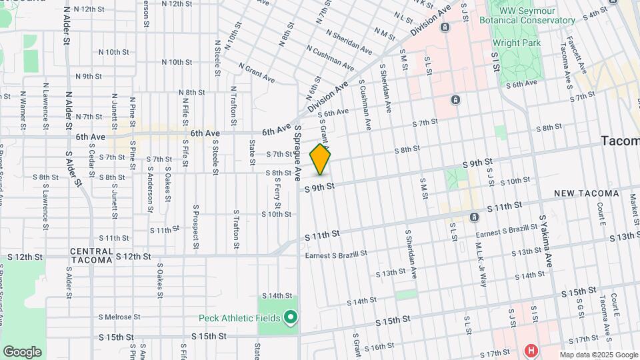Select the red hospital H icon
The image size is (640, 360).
531,350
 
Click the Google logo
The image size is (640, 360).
22,351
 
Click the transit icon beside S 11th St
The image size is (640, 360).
473,217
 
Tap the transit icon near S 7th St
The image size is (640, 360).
456,100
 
